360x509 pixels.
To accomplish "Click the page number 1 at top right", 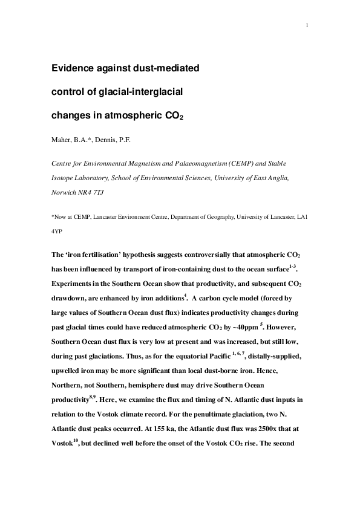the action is click(x=307, y=25).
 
